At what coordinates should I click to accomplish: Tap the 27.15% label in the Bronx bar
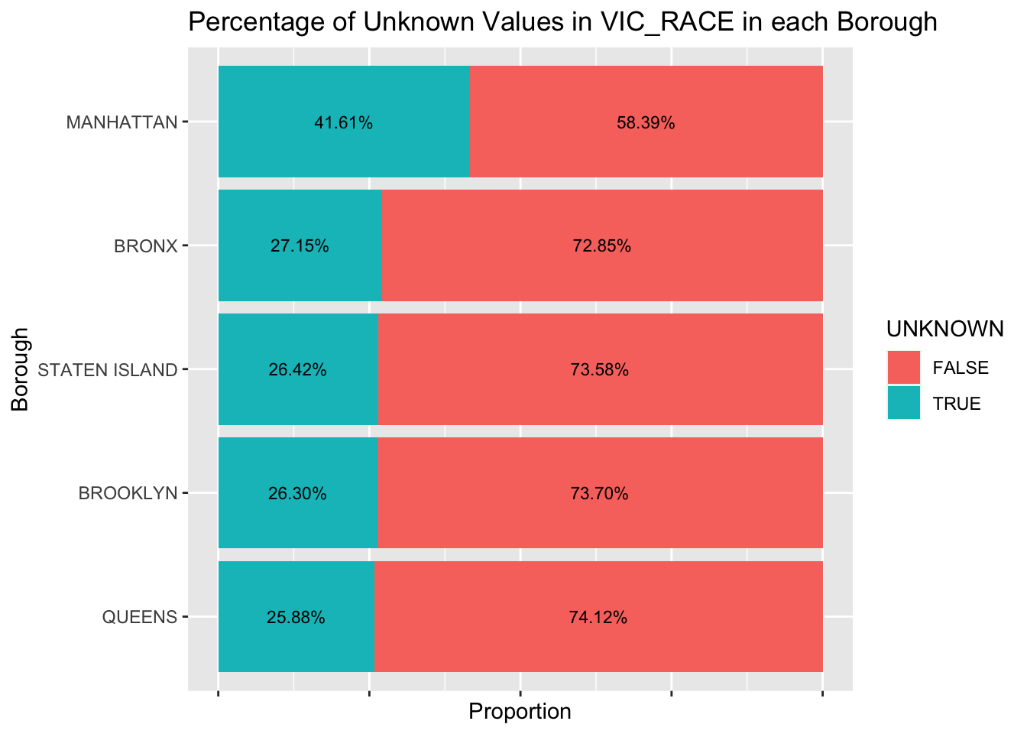tap(300, 246)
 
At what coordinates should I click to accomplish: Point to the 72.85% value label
tap(601, 246)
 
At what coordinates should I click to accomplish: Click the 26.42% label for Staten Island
tap(297, 370)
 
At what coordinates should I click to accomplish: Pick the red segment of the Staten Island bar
tap(600, 398)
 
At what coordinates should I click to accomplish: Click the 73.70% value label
tap(599, 494)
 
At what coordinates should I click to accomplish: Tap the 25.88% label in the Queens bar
tap(296, 617)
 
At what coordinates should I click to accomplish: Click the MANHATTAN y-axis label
tap(121, 122)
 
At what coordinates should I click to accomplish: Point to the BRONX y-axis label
tap(145, 246)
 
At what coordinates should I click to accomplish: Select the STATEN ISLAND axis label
tap(107, 370)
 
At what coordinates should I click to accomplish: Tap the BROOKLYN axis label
tap(128, 494)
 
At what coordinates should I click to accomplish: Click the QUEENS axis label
tap(139, 617)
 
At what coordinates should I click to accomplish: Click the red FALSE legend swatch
tap(904, 368)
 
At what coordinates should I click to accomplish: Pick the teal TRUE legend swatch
tap(904, 403)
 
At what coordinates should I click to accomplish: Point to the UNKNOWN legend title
tap(944, 329)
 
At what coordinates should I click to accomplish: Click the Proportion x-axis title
tap(520, 712)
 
